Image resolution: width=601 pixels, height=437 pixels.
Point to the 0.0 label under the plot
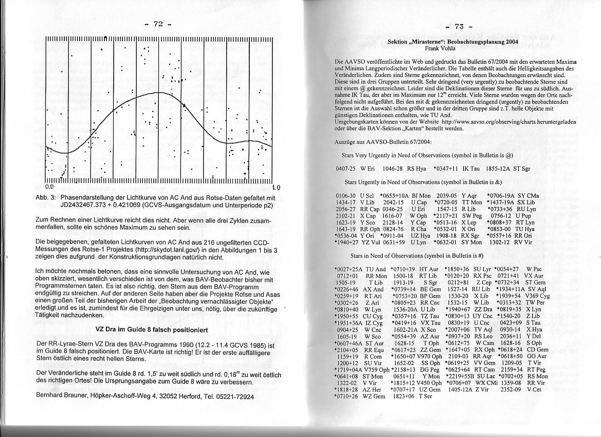click(x=49, y=187)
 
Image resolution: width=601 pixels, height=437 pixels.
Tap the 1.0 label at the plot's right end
click(x=276, y=187)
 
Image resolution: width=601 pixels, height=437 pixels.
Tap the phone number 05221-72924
click(x=234, y=396)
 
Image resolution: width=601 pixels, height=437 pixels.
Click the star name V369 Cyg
click(x=538, y=296)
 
